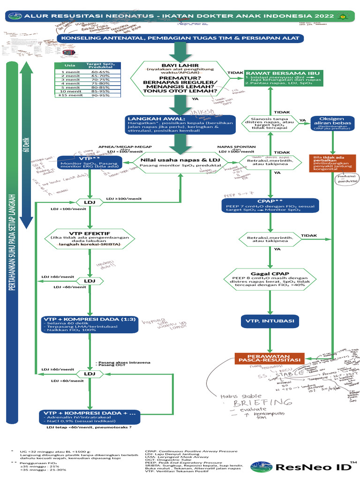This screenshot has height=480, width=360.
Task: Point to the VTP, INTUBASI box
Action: point(270,321)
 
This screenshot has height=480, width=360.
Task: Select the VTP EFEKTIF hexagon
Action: point(90,239)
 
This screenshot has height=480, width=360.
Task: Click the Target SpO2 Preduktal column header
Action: point(100,66)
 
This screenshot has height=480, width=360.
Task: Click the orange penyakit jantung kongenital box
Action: point(332,163)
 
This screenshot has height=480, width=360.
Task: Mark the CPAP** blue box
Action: point(270,204)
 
